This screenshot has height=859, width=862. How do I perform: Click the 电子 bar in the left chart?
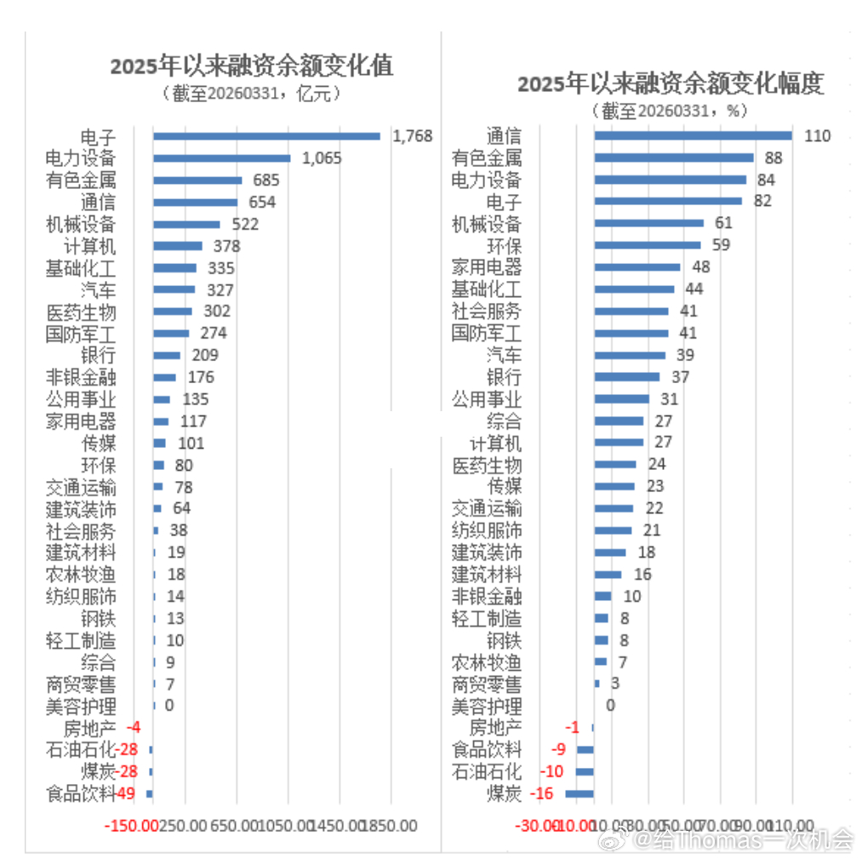click(266, 136)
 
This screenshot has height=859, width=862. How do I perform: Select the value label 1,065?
click(320, 158)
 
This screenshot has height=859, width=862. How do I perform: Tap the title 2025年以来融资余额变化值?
click(252, 66)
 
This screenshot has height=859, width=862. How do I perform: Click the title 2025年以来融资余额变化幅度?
click(671, 83)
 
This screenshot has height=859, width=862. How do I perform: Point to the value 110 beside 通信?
click(816, 136)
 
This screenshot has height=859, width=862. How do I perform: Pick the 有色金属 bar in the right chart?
click(673, 158)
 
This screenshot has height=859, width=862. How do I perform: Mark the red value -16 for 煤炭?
click(542, 793)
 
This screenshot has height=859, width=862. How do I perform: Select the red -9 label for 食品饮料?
click(558, 749)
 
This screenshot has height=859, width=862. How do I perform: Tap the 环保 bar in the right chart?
click(647, 246)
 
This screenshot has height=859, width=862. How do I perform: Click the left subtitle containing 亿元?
click(252, 94)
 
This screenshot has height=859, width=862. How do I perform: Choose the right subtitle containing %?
click(671, 111)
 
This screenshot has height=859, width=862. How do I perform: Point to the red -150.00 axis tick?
click(130, 826)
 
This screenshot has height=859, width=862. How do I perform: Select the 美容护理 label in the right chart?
click(486, 706)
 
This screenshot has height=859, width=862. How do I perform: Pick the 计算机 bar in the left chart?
click(177, 247)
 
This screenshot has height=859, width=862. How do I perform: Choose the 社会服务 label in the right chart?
click(486, 312)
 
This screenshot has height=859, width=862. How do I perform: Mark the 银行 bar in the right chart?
click(626, 377)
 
